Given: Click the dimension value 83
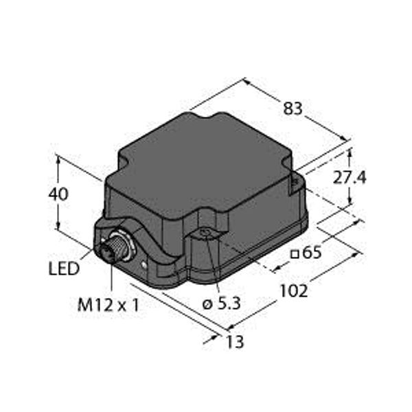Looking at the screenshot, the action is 293,108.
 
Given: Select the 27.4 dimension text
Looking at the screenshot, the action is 350,178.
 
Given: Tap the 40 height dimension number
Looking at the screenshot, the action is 58,194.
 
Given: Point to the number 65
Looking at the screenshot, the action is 312,253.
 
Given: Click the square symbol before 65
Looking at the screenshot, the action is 295,254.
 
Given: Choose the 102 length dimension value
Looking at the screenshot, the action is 294,291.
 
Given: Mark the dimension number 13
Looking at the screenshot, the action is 235,342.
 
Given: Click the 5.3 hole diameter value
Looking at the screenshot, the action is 229,304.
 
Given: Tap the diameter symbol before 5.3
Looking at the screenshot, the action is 207,305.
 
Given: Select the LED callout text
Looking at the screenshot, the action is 64,268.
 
